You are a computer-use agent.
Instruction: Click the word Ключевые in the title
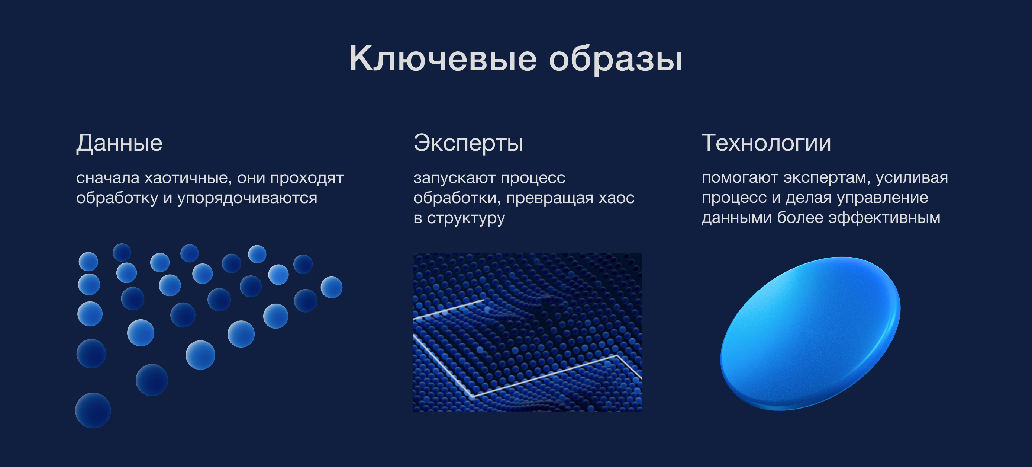pyautogui.click(x=443, y=58)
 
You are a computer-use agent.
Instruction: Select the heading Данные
pyautogui.click(x=119, y=143)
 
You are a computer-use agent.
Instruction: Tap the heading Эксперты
pyautogui.click(x=468, y=143)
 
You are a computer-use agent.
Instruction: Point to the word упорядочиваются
pyautogui.click(x=247, y=198)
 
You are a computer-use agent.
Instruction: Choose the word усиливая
pyautogui.click(x=912, y=178)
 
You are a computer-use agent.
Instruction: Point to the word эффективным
pyautogui.click(x=884, y=218)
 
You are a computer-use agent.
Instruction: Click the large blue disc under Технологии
pyautogui.click(x=810, y=333)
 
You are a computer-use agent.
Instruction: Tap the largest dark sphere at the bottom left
pyautogui.click(x=93, y=410)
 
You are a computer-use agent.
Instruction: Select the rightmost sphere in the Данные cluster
pyautogui.click(x=332, y=287)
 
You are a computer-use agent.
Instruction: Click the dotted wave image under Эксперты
pyautogui.click(x=528, y=332)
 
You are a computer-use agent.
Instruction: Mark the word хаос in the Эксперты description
pyautogui.click(x=616, y=198)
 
